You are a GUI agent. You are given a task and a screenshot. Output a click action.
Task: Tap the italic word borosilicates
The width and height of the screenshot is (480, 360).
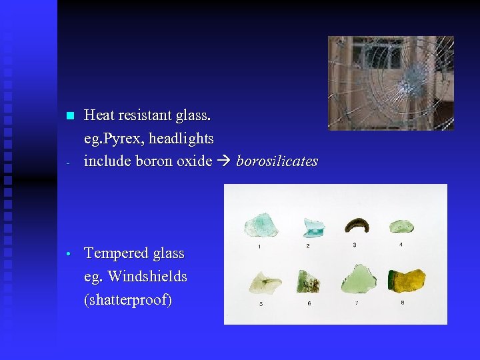coord(277,161)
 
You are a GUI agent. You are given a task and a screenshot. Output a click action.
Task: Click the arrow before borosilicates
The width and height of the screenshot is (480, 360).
coord(224,161)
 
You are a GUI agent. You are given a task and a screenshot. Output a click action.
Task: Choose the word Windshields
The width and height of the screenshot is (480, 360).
coord(147,276)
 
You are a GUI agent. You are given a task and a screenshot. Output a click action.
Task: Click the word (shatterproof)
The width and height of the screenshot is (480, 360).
coord(128,300)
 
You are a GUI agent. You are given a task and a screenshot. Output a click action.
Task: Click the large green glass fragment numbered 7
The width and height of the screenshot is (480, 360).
coord(359,279)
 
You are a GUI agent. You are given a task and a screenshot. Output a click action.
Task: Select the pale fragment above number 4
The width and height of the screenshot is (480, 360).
coord(401,226)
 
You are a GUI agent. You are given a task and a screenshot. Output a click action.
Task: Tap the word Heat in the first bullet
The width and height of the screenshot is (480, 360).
coord(99,116)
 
